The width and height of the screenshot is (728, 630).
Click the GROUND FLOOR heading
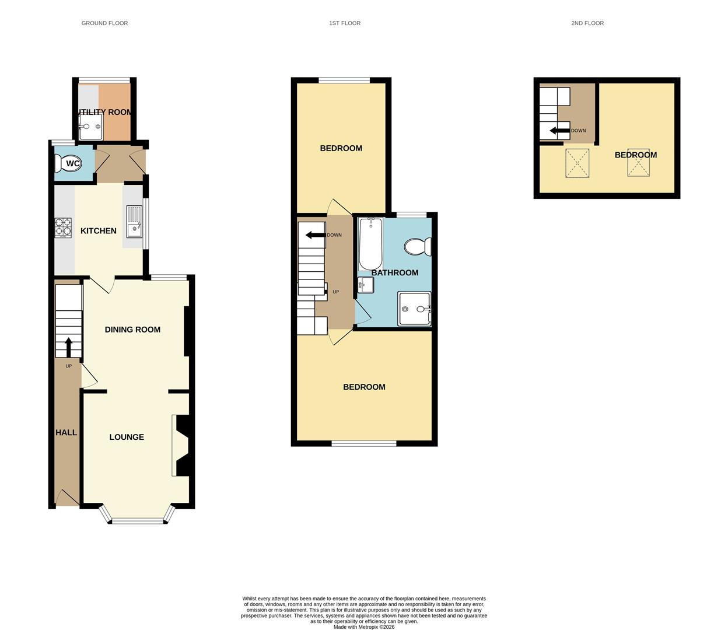point(104,23)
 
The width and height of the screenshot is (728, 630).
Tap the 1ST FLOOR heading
point(345,23)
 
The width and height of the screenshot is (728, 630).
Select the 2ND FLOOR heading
point(587,23)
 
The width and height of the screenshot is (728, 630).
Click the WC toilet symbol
point(72,163)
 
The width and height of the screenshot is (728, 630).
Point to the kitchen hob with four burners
point(63,228)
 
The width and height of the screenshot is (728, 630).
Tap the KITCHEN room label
point(98,231)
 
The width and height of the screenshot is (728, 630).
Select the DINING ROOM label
point(132,330)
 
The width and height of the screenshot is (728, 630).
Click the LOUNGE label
point(127,437)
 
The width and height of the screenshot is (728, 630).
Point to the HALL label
point(66,432)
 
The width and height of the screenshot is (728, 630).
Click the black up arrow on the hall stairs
point(69,346)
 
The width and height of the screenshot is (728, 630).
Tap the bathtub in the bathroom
point(370,243)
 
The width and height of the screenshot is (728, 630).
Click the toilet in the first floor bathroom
point(417,247)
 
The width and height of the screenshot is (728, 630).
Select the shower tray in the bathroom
point(415,309)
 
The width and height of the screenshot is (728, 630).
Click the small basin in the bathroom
point(366,285)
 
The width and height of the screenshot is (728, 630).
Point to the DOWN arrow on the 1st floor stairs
point(315,235)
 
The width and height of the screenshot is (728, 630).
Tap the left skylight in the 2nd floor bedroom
point(577,163)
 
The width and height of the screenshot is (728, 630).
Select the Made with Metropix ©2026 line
point(364,627)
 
